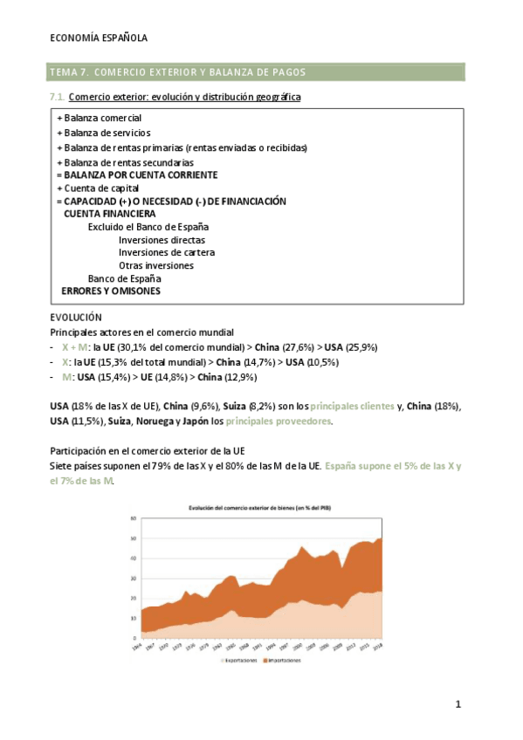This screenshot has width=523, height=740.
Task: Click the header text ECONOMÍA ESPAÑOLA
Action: pyautogui.click(x=99, y=38)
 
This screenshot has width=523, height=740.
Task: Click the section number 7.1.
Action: pyautogui.click(x=57, y=97)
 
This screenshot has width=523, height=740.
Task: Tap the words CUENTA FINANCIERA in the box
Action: pyautogui.click(x=110, y=214)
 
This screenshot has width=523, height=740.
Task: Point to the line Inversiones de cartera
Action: pyautogui.click(x=167, y=253)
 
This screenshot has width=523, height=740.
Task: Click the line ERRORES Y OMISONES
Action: pyautogui.click(x=111, y=291)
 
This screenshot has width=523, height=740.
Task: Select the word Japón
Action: pyautogui.click(x=193, y=421)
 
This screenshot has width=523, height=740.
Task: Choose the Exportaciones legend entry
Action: pyautogui.click(x=240, y=661)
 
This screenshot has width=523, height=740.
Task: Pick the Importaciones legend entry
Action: pyautogui.click(x=286, y=661)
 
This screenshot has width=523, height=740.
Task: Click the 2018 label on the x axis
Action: pyautogui.click(x=379, y=647)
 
